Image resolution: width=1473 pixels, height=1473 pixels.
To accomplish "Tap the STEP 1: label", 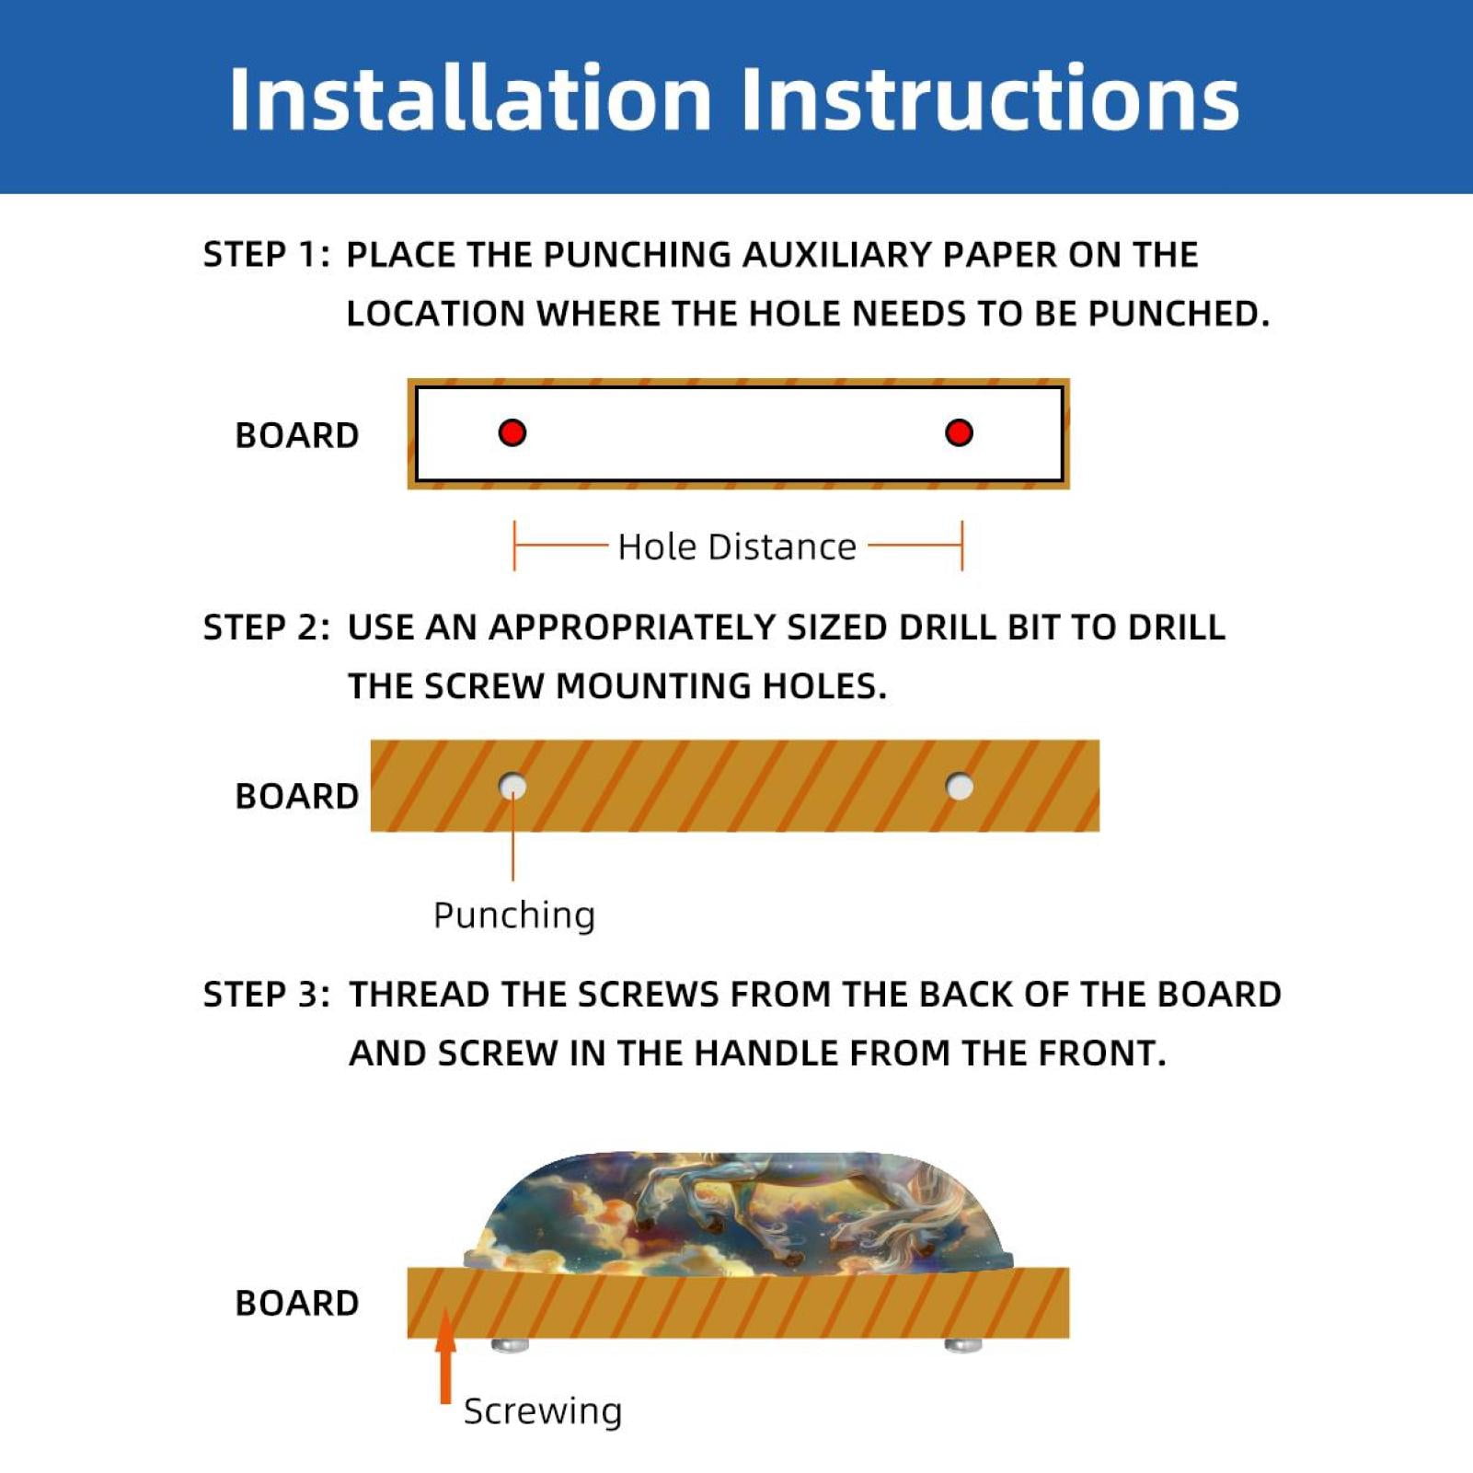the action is pos(266,255).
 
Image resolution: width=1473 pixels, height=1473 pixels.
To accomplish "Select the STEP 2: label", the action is pos(266,627).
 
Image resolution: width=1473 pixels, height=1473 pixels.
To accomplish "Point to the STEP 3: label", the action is pos(266,995).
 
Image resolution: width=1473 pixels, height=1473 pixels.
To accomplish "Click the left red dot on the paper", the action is pos(512,432).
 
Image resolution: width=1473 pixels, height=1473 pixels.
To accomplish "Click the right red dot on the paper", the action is pos(959,432).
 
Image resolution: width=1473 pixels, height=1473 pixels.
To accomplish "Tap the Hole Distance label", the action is pos(737,547).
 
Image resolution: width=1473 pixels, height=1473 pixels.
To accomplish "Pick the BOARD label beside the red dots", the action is pos(297,435).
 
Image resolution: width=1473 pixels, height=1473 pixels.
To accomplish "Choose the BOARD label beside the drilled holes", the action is pos(297,796).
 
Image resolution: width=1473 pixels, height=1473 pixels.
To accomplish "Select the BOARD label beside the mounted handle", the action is pos(297,1303).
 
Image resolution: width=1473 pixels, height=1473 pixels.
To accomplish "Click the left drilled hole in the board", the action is pos(512,787).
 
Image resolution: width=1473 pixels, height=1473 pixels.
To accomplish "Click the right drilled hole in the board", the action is pos(960,787).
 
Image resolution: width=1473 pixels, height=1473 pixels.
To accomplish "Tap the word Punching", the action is pos(514,916).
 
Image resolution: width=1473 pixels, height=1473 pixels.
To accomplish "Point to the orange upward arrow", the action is pos(446,1356).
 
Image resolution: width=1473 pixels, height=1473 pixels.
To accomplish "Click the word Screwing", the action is pos(543,1412).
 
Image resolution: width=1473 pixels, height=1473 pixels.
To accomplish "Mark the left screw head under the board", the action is pos(511,1345).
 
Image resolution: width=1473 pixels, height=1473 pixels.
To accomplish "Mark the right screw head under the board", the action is pos(963,1345).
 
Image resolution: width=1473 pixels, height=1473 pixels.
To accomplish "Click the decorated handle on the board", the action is pos(738,1214).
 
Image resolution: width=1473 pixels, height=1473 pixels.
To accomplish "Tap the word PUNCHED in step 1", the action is pos(1179,314).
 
